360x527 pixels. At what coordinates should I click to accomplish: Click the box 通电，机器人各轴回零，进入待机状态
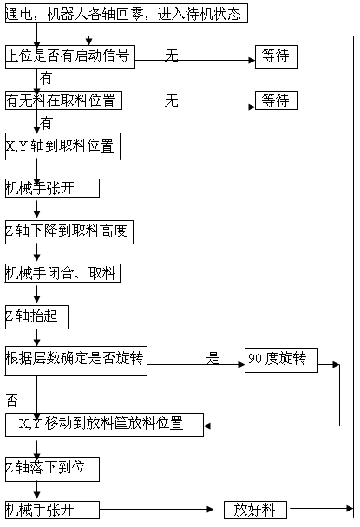[127, 13]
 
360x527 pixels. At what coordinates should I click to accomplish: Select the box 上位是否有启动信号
[70, 57]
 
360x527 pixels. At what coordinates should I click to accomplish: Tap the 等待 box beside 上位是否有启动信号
[276, 57]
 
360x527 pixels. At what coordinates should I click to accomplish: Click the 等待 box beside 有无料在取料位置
[276, 101]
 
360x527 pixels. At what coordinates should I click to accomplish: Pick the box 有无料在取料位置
[63, 101]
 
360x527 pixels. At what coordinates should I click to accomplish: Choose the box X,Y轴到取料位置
[62, 146]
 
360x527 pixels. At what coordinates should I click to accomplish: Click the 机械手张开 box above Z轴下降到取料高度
[52, 188]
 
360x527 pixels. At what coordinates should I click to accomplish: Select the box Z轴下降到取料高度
[69, 232]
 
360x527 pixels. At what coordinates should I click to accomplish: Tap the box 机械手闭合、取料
[62, 273]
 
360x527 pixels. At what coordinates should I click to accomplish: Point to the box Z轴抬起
[36, 317]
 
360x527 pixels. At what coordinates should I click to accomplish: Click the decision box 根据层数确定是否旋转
[76, 361]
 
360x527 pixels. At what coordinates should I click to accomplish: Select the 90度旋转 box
[281, 361]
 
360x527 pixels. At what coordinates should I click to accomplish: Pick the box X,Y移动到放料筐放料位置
[104, 426]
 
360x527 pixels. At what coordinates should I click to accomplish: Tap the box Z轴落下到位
[52, 469]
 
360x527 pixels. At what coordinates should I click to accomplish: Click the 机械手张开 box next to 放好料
[52, 510]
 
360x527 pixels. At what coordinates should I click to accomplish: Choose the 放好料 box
[255, 510]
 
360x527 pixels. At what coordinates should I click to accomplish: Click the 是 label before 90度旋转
[213, 358]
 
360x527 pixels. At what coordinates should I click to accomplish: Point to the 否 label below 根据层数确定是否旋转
[12, 400]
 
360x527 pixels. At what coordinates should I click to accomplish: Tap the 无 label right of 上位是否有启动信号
[171, 55]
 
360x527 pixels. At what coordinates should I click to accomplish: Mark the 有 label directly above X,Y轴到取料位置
[46, 123]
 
